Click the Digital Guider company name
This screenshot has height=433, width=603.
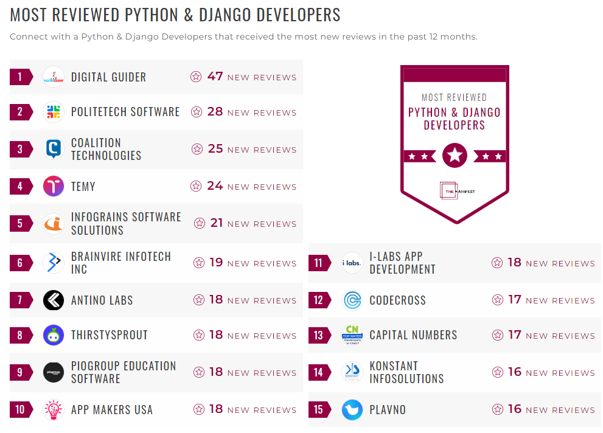[108, 77]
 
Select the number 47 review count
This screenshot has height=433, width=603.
[215, 77]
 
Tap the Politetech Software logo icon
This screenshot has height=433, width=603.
[54, 112]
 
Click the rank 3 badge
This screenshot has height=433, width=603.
[21, 150]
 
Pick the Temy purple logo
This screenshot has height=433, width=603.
[54, 186]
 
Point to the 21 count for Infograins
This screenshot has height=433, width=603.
[217, 223]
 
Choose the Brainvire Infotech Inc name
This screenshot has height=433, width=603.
[120, 263]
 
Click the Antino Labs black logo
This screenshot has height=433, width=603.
[54, 300]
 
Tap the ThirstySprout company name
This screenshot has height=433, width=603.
[109, 335]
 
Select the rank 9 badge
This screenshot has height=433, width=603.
[21, 372]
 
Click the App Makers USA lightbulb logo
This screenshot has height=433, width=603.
[54, 409]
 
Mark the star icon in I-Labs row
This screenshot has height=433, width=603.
[497, 263]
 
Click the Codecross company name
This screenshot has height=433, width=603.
[397, 300]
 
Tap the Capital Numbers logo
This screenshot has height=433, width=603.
[352, 335]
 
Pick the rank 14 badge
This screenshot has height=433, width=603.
[319, 372]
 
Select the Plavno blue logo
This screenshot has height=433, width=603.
[352, 409]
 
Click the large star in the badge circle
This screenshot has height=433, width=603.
[455, 156]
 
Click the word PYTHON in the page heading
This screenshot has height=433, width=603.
[154, 15]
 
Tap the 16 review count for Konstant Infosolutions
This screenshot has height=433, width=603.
[515, 372]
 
